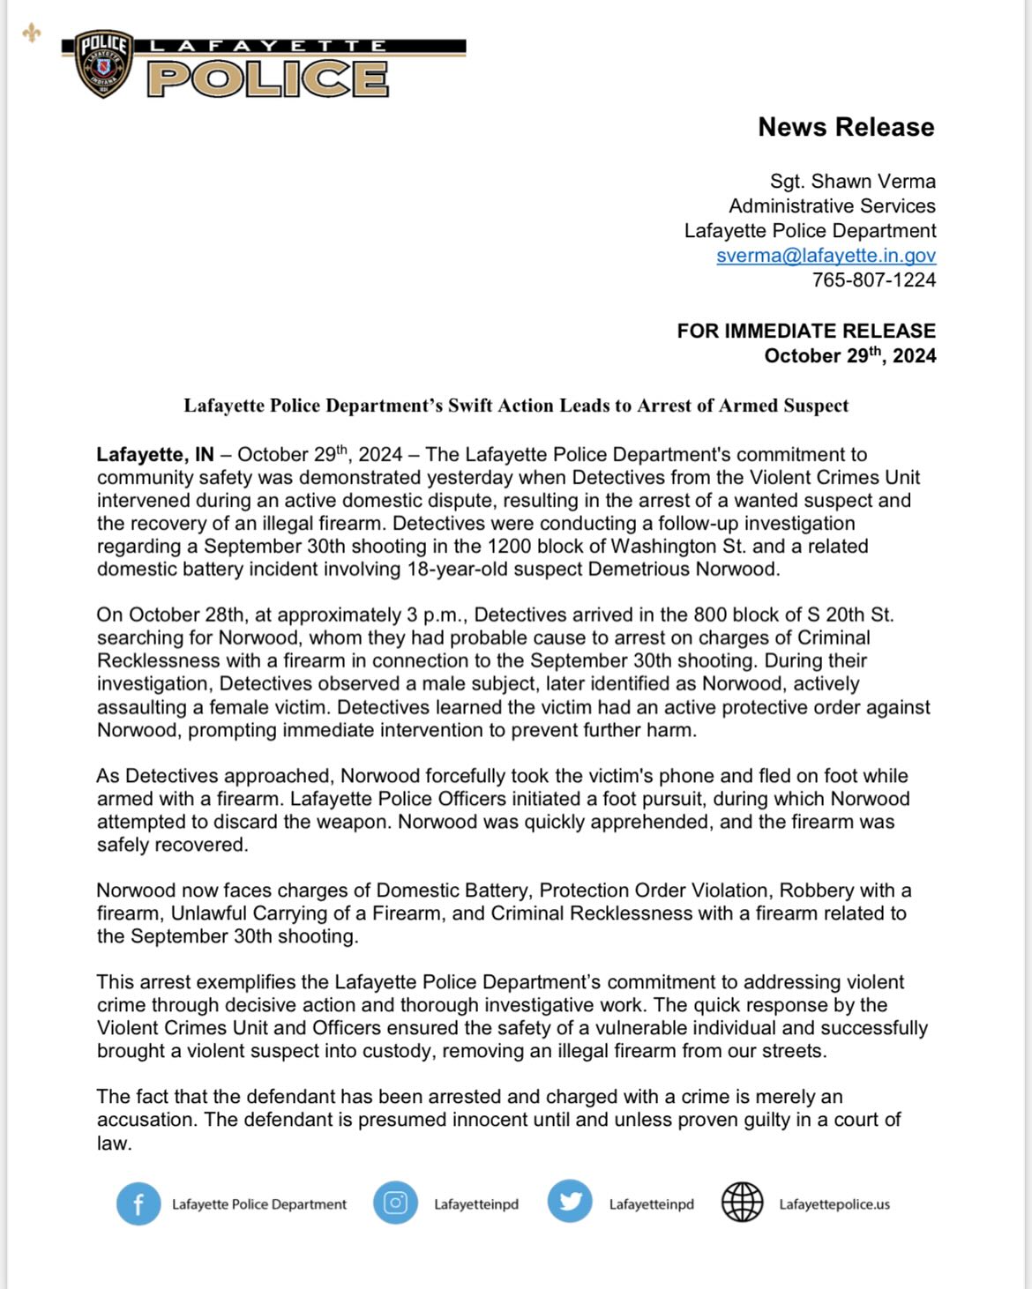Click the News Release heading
846,127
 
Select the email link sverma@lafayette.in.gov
826,256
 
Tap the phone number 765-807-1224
873,280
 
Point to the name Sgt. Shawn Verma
852,182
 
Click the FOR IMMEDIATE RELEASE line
806,332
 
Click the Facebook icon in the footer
138,1203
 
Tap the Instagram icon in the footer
395,1203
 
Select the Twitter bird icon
570,1202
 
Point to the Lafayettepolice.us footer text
834,1204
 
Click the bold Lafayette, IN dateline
155,455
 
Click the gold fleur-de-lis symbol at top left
32,33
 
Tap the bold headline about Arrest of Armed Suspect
516,406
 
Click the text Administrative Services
832,206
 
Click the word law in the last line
113,1144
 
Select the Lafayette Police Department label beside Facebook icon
259,1204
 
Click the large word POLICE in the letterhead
268,78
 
